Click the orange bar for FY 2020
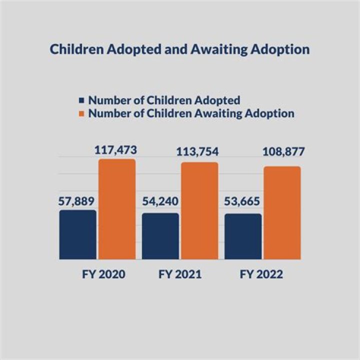coord(116,209)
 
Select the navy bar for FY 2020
coord(77,234)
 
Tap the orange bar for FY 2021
coord(199,210)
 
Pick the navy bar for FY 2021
coord(160,236)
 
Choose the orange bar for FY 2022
coord(282,212)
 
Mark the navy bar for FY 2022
coord(243,236)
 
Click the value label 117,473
coord(116,149)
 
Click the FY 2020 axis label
coord(103,275)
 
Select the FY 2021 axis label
coord(180,275)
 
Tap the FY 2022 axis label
coord(261,275)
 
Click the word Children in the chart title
coord(74,50)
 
